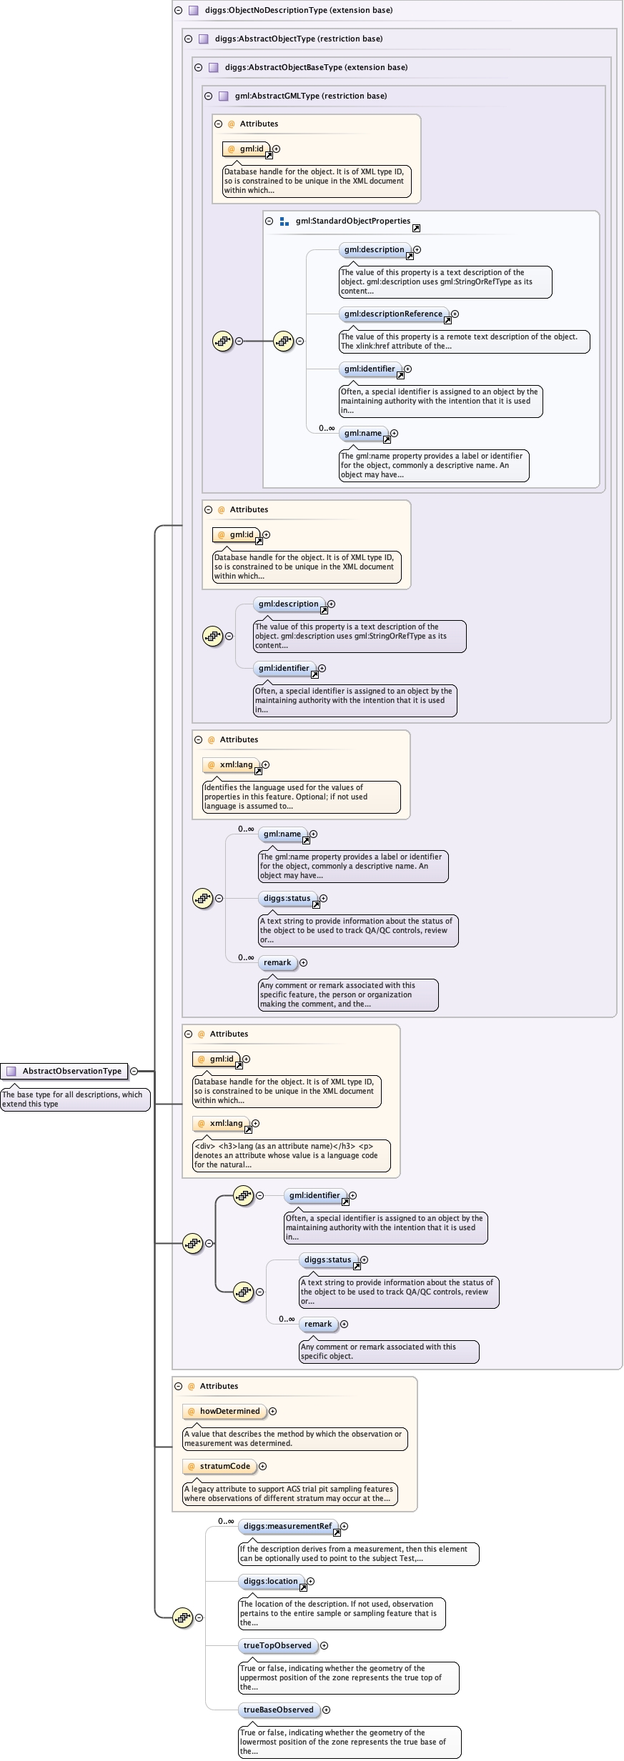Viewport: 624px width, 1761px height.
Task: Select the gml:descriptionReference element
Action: (x=393, y=314)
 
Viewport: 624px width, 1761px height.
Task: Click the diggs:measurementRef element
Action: (x=287, y=1526)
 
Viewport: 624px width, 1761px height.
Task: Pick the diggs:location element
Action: (x=270, y=1581)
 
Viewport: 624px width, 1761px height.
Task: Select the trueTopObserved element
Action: (x=277, y=1645)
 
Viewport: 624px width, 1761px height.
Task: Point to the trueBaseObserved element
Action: (x=278, y=1710)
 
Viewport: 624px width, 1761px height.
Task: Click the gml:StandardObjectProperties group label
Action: (x=352, y=221)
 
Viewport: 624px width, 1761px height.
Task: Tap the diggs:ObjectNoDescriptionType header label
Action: (x=298, y=10)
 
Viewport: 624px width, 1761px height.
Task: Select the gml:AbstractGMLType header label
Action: (x=310, y=96)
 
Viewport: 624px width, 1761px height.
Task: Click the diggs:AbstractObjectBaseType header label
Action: (x=316, y=67)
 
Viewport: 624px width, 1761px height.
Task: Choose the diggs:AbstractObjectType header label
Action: (x=298, y=39)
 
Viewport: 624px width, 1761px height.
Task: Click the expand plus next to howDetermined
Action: (x=272, y=1411)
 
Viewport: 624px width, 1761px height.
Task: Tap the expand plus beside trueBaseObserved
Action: (x=326, y=1710)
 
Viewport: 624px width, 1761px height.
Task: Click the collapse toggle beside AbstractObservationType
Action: (x=134, y=1071)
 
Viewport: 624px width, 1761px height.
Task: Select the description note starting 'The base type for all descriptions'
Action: (x=75, y=1099)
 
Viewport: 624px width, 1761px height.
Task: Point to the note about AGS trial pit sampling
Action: (x=289, y=1493)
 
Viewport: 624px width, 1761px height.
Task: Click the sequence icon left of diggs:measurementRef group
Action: (x=182, y=1617)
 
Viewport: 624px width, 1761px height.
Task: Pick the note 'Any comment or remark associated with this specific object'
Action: (x=388, y=1351)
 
